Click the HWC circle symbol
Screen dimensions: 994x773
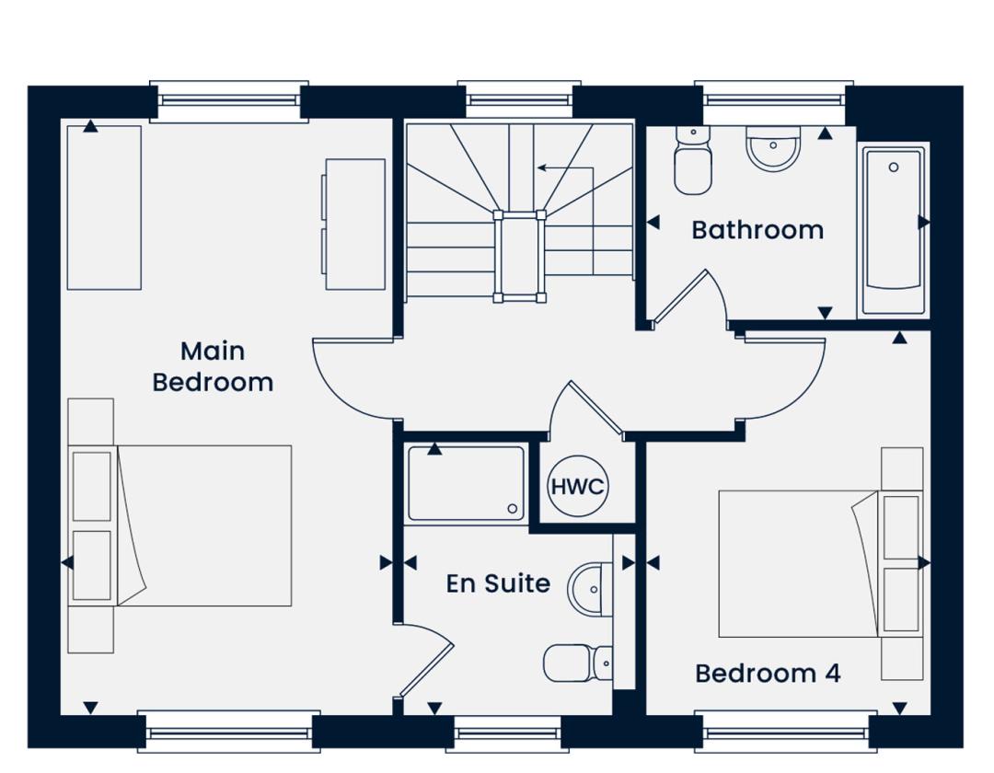(577, 486)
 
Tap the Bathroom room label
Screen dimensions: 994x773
(757, 230)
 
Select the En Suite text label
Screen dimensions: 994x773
(498, 583)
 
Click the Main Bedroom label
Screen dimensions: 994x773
(213, 367)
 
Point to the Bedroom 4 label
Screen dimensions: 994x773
(768, 673)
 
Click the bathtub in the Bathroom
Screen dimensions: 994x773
(893, 231)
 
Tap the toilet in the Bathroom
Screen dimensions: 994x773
(692, 160)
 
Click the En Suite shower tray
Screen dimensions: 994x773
(466, 484)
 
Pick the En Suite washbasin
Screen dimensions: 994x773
(590, 589)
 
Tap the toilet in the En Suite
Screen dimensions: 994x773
(577, 663)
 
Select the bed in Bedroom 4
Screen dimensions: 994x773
(799, 563)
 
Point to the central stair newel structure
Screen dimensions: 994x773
(519, 257)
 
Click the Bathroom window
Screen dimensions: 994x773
(774, 100)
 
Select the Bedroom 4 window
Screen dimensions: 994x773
(786, 732)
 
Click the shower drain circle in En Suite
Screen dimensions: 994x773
(513, 508)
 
